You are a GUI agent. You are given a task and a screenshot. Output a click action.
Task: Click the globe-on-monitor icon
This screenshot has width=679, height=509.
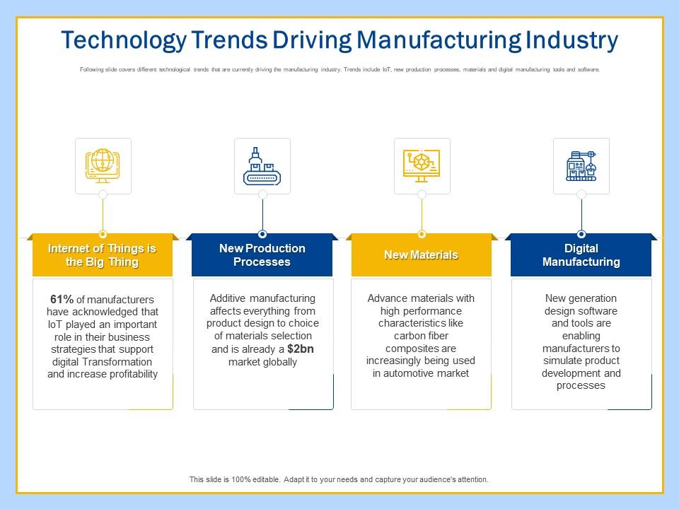(103, 165)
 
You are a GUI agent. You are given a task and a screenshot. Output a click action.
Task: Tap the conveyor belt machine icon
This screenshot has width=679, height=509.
(262, 165)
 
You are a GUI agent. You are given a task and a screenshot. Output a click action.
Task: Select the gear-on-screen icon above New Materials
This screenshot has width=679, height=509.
(422, 165)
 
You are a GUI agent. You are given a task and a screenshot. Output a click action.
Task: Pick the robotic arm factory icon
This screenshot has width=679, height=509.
(581, 165)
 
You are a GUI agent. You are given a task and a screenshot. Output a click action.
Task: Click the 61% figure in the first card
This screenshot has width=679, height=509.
(63, 299)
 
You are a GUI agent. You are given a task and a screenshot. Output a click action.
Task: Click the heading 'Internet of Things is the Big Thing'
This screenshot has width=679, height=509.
(103, 255)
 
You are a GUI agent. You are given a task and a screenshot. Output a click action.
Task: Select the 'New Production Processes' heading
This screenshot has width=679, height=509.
(262, 255)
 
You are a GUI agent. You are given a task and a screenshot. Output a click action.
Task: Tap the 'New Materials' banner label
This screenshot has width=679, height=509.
(421, 255)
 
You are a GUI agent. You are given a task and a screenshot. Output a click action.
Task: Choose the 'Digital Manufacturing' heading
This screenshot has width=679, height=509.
(581, 255)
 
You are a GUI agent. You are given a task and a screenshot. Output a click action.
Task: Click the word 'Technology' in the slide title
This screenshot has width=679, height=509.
(122, 40)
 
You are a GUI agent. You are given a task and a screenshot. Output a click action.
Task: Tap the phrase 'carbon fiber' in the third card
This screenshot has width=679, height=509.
(421, 336)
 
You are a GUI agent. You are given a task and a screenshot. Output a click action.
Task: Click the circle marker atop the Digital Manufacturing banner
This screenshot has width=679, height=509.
(581, 234)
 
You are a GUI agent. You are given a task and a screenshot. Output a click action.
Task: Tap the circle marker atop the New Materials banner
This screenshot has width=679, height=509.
(422, 234)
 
